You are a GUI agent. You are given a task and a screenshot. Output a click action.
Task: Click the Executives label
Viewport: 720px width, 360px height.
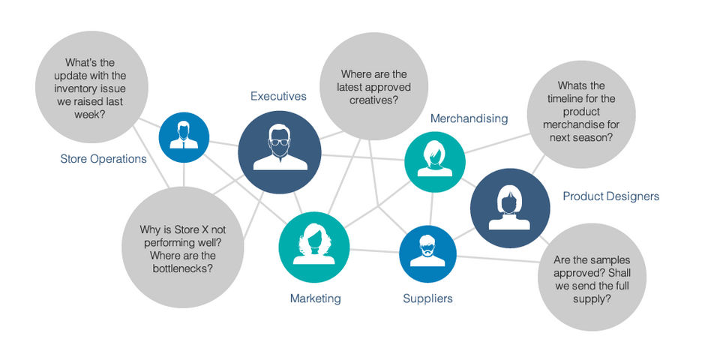tap(278, 96)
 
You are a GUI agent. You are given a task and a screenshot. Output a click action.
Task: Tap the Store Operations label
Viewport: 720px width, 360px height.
tap(103, 159)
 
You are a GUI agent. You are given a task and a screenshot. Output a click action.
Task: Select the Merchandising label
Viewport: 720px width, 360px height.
tap(469, 118)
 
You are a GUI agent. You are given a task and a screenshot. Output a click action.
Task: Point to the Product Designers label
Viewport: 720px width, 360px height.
tap(610, 196)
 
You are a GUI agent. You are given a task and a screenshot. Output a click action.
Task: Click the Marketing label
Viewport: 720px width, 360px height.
tap(315, 298)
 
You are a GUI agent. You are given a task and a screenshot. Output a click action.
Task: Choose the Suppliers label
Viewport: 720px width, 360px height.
tap(427, 298)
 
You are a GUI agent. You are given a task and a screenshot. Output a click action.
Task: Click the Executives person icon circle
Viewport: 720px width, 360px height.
tap(279, 153)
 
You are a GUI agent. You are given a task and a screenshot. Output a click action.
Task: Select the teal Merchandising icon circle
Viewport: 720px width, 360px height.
tap(435, 160)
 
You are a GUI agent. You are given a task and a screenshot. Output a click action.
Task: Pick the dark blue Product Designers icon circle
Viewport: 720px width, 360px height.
tap(510, 208)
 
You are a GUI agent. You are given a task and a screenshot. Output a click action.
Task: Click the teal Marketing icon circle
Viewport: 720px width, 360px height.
tap(314, 247)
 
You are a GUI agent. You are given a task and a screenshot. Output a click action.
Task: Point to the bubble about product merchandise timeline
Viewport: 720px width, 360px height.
tap(581, 113)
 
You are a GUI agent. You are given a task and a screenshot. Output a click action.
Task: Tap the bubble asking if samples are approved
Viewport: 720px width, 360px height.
tap(592, 279)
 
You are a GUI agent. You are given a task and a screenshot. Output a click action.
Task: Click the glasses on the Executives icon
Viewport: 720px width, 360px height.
tap(279, 142)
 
